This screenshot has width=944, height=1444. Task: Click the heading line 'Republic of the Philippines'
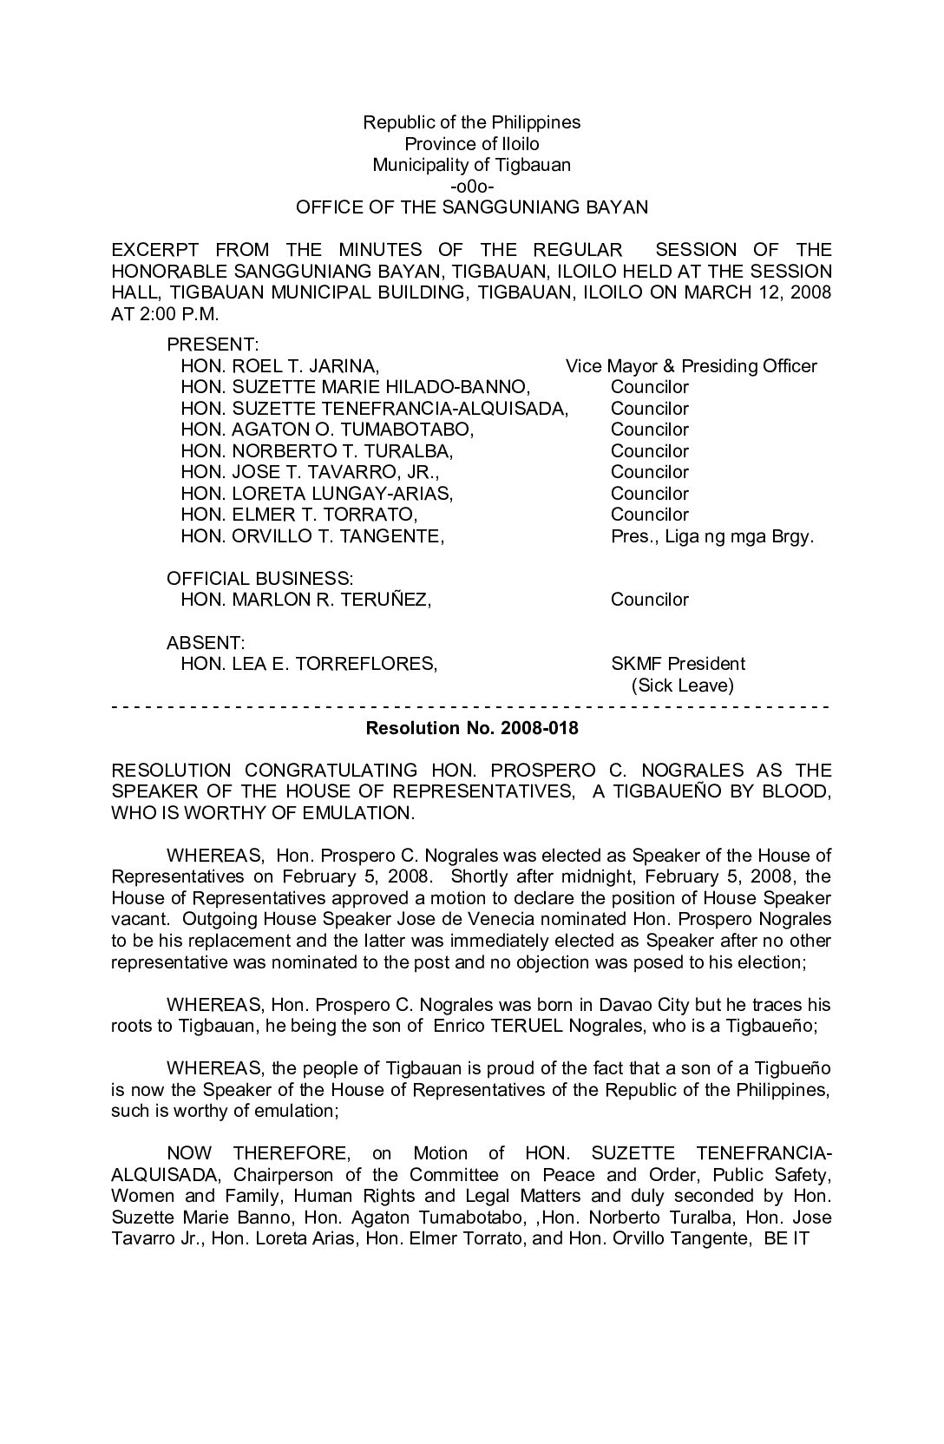coord(471,122)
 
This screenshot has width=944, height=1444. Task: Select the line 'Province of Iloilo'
coord(471,144)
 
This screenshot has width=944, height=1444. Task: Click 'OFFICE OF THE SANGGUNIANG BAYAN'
coord(471,208)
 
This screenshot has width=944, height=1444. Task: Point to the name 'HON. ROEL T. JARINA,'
coord(279,366)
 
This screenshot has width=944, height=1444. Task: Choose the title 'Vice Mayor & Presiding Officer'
coord(691,366)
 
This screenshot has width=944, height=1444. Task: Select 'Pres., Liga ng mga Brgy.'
coord(712,536)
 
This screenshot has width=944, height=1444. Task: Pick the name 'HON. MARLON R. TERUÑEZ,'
coord(305,600)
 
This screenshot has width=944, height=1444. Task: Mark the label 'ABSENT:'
coord(206,643)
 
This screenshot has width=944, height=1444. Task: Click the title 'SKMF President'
coord(678,664)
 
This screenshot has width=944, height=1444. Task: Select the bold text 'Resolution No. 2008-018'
coord(472,728)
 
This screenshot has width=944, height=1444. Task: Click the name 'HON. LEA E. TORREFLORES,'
coord(308,664)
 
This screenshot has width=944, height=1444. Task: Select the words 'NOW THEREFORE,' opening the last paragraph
coord(259,1153)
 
